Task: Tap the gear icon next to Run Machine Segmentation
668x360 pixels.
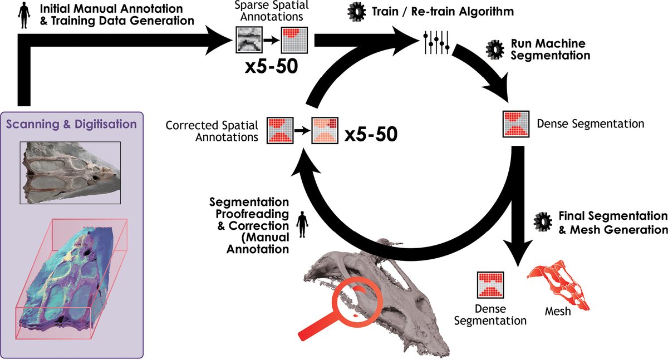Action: tap(494, 50)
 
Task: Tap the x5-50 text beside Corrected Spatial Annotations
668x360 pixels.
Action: tap(371, 135)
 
